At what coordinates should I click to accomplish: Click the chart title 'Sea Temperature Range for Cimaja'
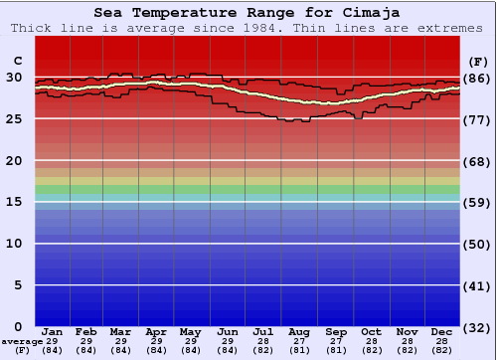(248, 13)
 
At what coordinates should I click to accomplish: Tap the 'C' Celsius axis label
(17, 60)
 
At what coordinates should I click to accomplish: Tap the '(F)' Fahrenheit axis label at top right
(477, 60)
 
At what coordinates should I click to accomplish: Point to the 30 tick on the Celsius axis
(15, 78)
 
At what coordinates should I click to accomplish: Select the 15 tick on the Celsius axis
(15, 202)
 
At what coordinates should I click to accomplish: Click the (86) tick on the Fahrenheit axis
(477, 78)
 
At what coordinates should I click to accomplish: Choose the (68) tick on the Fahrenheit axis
(477, 161)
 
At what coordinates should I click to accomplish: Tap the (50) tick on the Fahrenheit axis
(477, 244)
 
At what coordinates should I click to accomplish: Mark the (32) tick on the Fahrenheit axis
(477, 327)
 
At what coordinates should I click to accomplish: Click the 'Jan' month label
(53, 331)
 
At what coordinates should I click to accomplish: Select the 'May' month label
(191, 331)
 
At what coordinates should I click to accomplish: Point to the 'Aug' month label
(298, 331)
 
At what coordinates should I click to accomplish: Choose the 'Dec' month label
(442, 331)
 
